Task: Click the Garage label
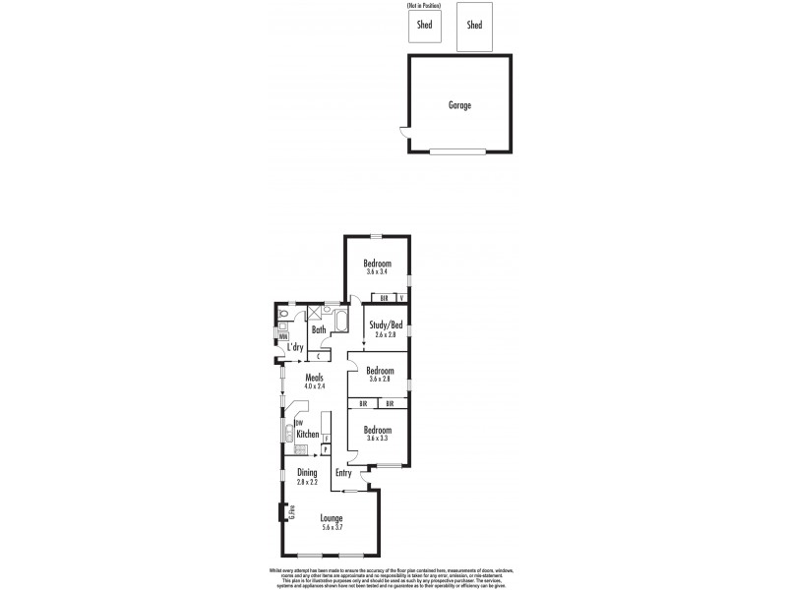click(x=459, y=104)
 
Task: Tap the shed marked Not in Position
click(x=425, y=26)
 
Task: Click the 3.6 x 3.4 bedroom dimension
click(x=378, y=271)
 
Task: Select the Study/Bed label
click(x=386, y=324)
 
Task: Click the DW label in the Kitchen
click(x=298, y=424)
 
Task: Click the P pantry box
click(x=326, y=449)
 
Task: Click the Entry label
click(x=343, y=473)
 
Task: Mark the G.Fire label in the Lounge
click(x=292, y=511)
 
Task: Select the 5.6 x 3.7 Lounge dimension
click(x=333, y=528)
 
